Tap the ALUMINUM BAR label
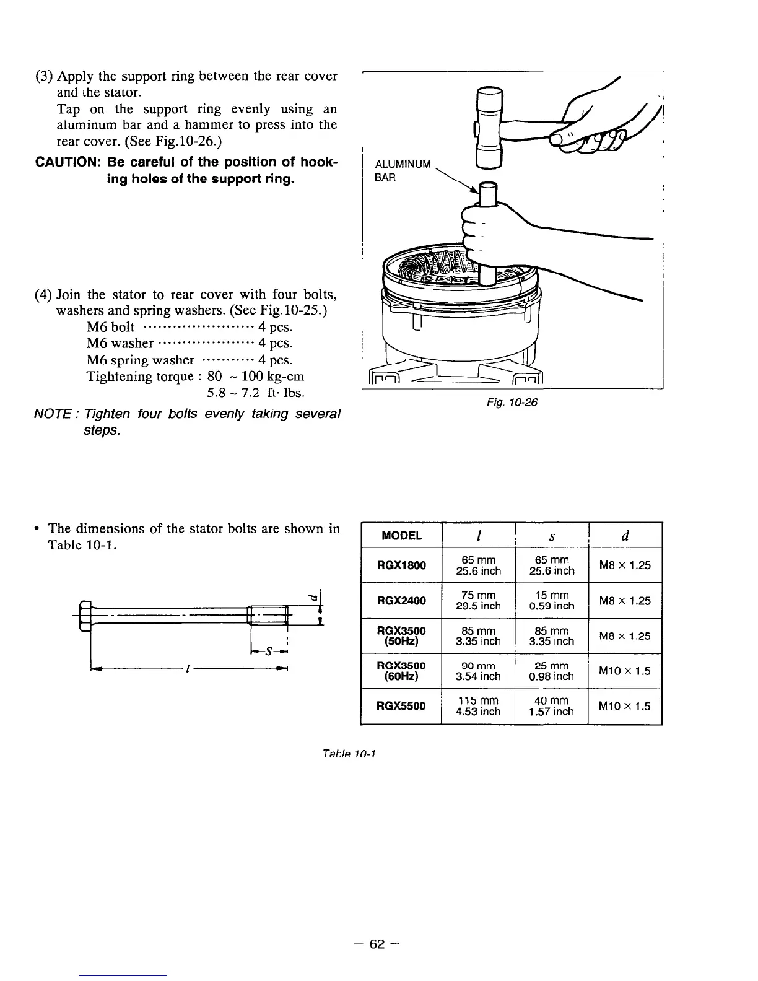coord(403,170)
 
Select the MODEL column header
coord(401,536)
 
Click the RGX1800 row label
coord(401,565)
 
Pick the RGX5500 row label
coord(401,706)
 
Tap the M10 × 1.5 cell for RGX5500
coord(625,706)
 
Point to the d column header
coord(625,536)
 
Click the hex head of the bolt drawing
coord(86,616)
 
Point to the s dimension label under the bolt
coord(268,651)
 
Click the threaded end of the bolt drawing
coord(268,616)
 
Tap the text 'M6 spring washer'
coord(141,360)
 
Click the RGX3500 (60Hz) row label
coord(401,671)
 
